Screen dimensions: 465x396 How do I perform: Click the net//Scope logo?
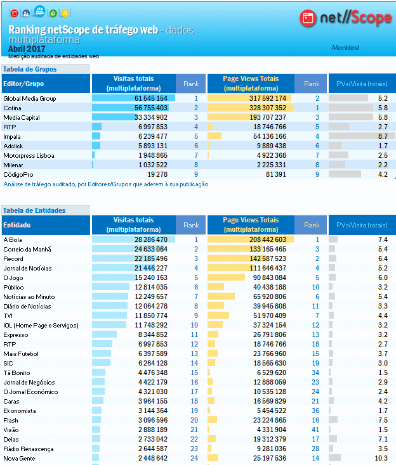(345, 18)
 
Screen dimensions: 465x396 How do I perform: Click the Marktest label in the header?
(346, 48)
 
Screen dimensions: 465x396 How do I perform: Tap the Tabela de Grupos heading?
(30, 69)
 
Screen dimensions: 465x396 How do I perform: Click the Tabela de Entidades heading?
(34, 210)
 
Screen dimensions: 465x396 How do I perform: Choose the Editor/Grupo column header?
(23, 84)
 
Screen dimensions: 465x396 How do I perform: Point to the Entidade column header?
(17, 225)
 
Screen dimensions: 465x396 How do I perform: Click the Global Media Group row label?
(30, 99)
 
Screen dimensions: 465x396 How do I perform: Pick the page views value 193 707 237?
(268, 118)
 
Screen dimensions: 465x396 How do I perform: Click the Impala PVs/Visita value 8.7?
(382, 136)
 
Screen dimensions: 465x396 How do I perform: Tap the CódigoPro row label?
(18, 174)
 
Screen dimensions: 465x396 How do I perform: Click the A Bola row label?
(13, 240)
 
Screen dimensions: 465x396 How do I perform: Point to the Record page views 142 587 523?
(268, 259)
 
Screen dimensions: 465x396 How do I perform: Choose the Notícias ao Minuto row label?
(29, 297)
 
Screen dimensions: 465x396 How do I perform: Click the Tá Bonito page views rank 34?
(315, 373)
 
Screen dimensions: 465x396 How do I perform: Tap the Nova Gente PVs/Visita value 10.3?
(381, 459)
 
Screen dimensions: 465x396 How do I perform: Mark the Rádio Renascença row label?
(29, 449)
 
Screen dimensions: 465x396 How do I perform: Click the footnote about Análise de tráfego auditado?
(106, 184)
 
